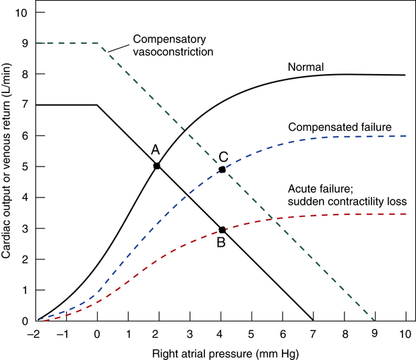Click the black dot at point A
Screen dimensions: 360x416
tap(157, 165)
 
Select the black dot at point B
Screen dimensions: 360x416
tap(221, 230)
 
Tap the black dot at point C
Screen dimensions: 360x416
tap(221, 169)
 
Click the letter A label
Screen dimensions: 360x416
tap(154, 150)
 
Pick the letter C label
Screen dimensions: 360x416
tap(224, 156)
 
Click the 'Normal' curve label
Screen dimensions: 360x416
tap(307, 67)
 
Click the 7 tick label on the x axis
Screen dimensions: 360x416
tap(314, 334)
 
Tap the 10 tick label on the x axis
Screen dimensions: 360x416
tap(406, 334)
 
